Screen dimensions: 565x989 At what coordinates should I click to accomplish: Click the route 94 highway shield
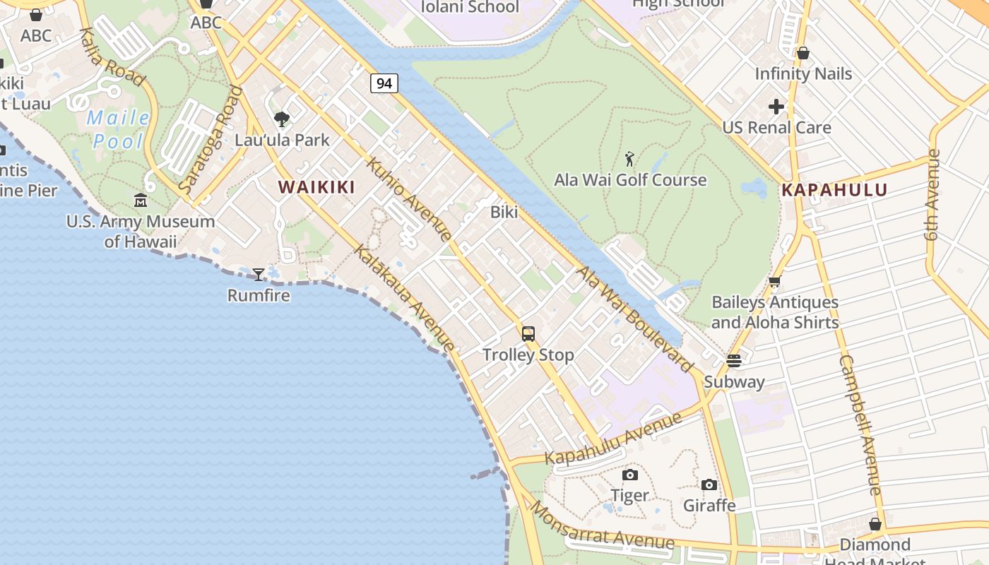[384, 83]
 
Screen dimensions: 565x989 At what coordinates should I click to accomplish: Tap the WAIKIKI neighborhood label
[316, 187]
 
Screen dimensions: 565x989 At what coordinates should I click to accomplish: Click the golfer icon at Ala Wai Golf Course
[629, 159]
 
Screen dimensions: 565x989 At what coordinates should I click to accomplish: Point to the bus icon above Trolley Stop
[528, 334]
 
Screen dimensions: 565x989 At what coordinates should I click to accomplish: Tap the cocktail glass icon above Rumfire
[259, 274]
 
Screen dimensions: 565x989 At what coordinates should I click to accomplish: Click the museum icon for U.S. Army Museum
[141, 201]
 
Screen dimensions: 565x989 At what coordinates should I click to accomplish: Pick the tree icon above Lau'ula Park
[282, 119]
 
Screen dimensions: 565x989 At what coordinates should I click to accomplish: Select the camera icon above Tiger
[629, 475]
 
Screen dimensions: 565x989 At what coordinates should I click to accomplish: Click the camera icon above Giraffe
[709, 484]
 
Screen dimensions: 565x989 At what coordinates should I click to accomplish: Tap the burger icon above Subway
[734, 361]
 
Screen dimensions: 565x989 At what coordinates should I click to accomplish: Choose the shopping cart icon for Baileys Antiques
[775, 282]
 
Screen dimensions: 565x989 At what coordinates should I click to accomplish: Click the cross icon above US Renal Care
[776, 107]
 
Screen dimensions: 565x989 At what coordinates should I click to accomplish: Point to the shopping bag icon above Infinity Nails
[803, 53]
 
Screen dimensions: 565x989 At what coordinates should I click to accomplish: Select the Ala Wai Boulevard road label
[634, 319]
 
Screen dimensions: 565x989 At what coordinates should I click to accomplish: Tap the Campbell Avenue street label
[860, 424]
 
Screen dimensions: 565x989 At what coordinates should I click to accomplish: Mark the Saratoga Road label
[211, 140]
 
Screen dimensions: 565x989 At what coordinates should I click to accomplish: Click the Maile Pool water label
[118, 129]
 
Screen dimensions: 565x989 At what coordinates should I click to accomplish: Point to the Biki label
[504, 212]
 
